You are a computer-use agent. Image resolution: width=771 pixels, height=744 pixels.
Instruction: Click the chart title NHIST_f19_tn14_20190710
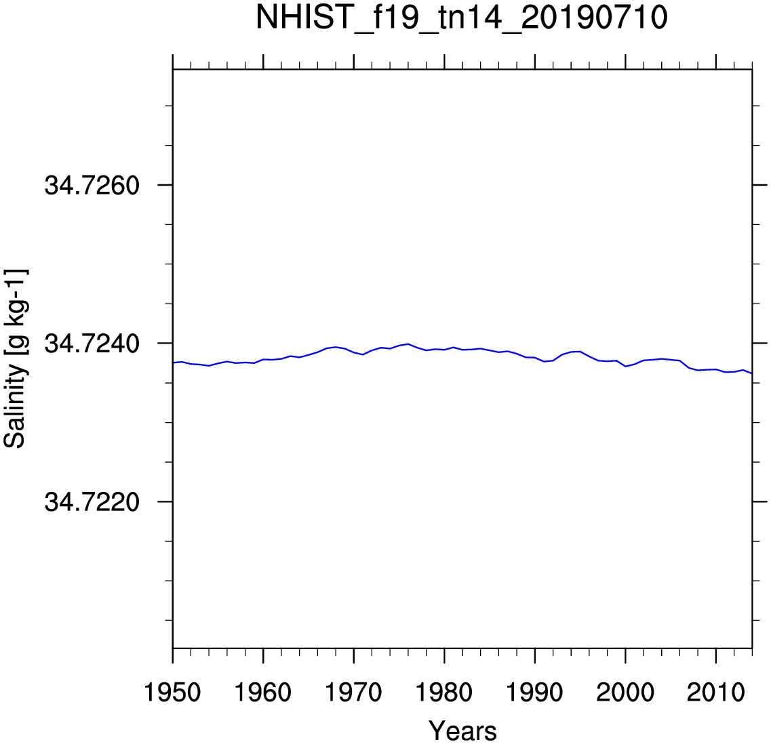coord(462,18)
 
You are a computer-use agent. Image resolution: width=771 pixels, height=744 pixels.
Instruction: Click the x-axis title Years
coord(462,731)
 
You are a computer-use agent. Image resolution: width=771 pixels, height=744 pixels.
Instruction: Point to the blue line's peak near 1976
coord(408,344)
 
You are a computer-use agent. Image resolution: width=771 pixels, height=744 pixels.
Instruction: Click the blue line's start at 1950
coord(174,363)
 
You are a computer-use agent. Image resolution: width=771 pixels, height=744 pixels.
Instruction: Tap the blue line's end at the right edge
coord(751,373)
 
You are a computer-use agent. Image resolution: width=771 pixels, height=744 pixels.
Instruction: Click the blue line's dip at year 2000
coord(625,366)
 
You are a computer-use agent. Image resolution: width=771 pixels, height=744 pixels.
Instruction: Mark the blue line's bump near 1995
coord(580,351)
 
